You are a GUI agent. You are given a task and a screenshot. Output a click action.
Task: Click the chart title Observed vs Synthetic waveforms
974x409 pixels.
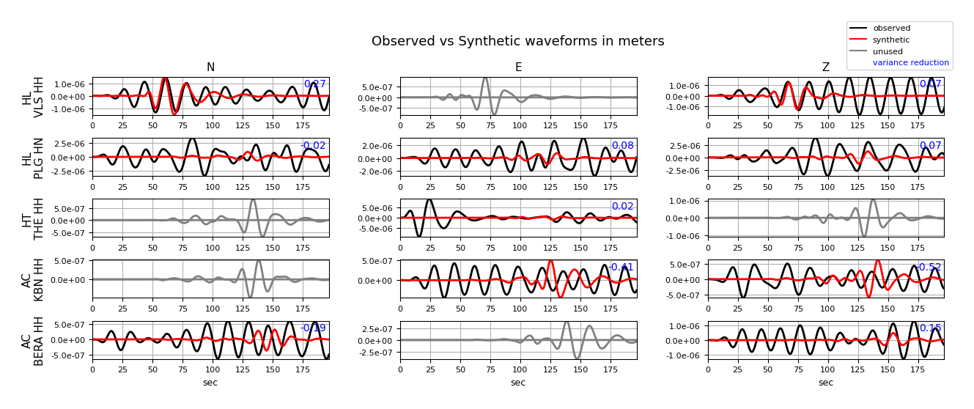(x=517, y=42)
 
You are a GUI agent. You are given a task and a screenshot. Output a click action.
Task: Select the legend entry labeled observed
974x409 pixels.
(x=891, y=29)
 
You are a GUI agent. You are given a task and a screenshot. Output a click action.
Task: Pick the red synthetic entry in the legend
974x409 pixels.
(x=891, y=40)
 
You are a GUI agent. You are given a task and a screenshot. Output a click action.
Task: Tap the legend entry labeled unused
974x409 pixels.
(x=888, y=51)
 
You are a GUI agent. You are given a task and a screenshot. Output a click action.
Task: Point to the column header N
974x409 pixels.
(x=210, y=67)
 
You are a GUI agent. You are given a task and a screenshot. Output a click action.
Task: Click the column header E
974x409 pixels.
(x=518, y=67)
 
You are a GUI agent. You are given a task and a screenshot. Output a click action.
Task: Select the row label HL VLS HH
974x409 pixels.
(x=33, y=96)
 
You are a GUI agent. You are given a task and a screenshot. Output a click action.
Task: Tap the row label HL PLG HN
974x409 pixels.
(x=33, y=158)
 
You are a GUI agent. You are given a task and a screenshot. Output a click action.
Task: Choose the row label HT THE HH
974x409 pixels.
(x=33, y=218)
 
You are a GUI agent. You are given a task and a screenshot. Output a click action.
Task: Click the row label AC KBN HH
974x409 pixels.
(x=33, y=279)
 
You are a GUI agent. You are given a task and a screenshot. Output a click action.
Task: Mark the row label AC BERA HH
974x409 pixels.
(x=33, y=340)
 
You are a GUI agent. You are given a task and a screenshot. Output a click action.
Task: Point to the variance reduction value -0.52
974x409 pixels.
(x=930, y=268)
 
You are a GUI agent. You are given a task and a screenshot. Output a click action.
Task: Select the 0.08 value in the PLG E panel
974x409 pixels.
(x=623, y=146)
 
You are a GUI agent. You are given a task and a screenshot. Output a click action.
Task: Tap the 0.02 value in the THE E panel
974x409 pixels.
(x=623, y=207)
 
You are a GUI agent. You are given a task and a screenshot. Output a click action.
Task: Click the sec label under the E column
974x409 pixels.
(x=518, y=383)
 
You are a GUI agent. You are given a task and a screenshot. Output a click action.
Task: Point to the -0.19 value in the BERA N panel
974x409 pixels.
(x=314, y=328)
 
